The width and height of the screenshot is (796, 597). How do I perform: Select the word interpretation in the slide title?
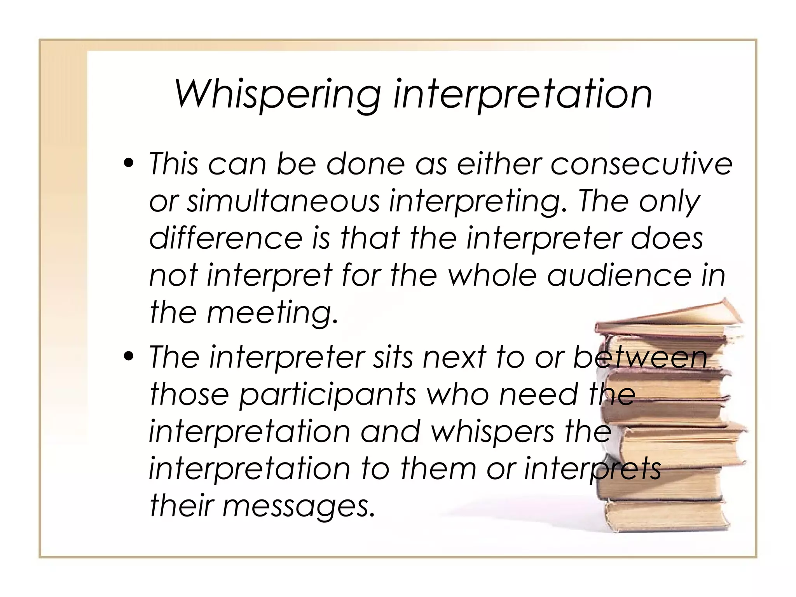(x=522, y=94)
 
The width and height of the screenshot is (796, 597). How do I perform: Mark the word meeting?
(x=272, y=313)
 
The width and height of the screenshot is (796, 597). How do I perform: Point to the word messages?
(x=298, y=506)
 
